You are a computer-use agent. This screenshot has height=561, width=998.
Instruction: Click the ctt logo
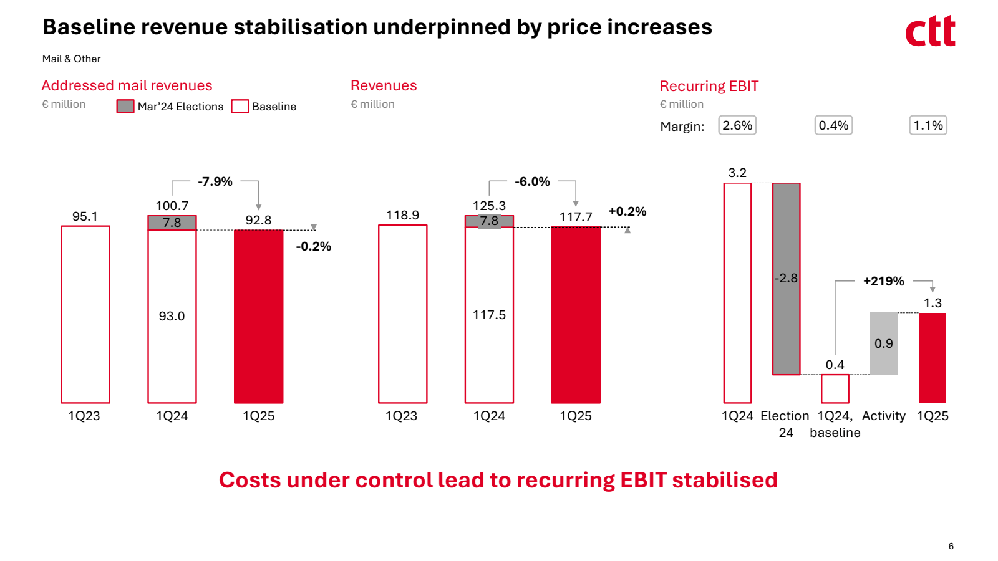930,32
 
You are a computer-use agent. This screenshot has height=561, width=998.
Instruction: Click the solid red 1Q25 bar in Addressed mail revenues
258,316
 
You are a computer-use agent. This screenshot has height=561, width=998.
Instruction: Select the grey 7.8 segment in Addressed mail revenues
172,223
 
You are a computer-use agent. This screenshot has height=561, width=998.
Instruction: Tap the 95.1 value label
85,216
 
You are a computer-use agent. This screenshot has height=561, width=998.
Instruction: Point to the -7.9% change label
215,181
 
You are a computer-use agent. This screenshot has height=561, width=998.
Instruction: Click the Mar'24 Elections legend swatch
125,107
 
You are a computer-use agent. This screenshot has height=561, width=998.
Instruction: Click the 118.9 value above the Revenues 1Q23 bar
402,215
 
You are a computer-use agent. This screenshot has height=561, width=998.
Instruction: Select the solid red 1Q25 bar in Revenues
576,315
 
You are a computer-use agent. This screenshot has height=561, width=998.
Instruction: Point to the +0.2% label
627,211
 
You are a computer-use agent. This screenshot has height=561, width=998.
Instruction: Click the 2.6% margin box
737,125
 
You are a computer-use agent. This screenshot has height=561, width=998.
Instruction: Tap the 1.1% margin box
928,125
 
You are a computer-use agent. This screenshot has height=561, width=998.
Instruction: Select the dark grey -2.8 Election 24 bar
786,279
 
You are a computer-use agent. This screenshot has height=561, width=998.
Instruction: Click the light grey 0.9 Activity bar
884,343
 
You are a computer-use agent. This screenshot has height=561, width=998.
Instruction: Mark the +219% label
883,281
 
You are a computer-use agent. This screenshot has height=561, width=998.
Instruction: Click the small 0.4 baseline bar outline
835,388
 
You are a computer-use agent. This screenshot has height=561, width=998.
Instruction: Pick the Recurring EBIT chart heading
709,86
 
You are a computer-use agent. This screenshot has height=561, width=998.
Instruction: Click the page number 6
951,546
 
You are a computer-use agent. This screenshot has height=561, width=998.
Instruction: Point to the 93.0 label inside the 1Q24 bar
172,316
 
